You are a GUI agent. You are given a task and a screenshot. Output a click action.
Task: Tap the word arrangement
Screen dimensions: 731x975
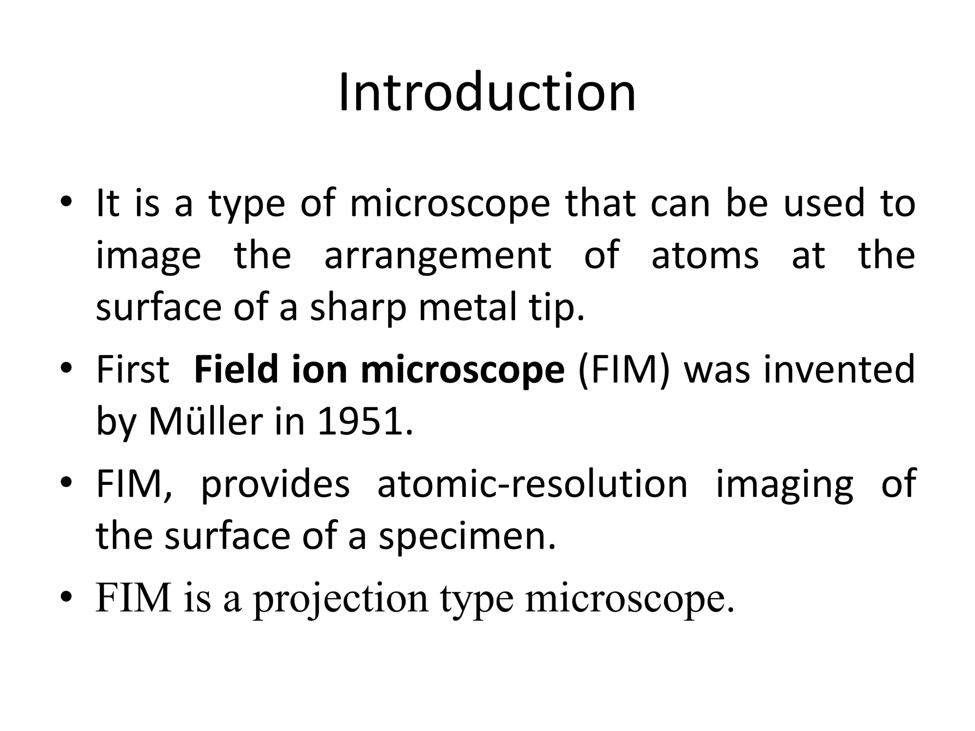[438, 256]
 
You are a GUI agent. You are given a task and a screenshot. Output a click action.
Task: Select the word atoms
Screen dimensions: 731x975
[705, 256]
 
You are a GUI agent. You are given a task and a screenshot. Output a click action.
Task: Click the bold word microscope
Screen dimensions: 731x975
[462, 371]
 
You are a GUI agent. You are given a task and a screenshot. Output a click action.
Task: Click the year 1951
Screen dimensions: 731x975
[364, 422]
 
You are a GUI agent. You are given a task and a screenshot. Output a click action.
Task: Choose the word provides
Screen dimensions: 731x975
[275, 485]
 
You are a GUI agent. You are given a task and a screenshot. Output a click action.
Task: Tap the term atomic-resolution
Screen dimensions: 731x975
[532, 484]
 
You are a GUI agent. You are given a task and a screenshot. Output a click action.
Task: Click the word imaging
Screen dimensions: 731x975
[785, 485]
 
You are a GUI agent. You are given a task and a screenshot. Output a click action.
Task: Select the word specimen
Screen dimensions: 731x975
[467, 537]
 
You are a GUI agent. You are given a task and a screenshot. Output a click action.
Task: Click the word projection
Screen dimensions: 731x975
[341, 599]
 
